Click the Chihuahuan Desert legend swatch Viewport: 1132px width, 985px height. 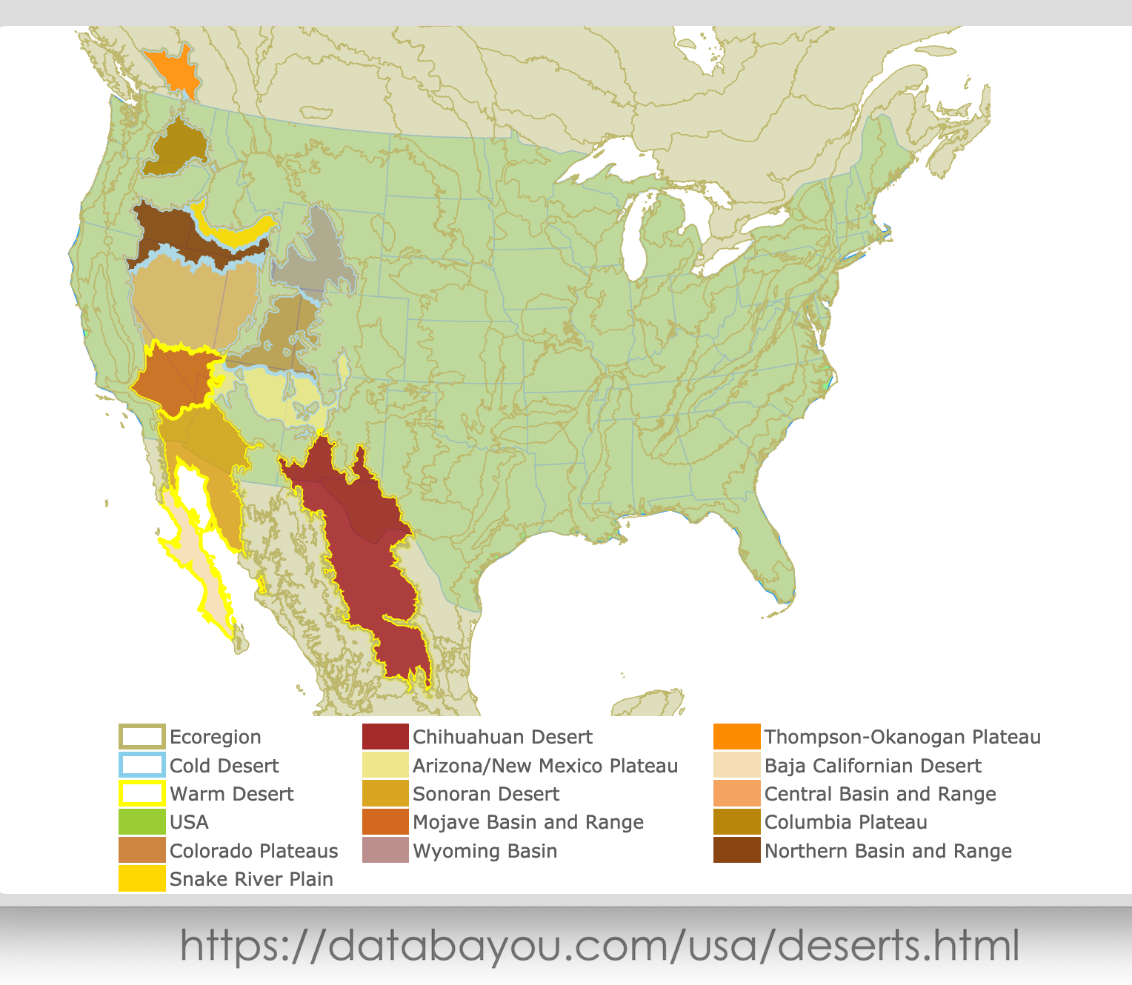pos(385,737)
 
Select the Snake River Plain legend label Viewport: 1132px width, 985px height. pos(251,879)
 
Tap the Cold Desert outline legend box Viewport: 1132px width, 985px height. pos(141,765)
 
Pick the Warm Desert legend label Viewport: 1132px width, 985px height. pos(231,794)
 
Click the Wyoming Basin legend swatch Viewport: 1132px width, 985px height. pos(385,850)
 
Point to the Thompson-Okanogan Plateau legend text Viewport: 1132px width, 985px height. pos(902,737)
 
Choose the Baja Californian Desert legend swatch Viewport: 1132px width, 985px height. pos(736,765)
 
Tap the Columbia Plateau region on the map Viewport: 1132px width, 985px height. pos(176,148)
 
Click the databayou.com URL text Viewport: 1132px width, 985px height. pos(599,946)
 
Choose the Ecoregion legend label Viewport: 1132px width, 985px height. pos(215,737)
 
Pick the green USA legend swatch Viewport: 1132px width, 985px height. pos(141,822)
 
